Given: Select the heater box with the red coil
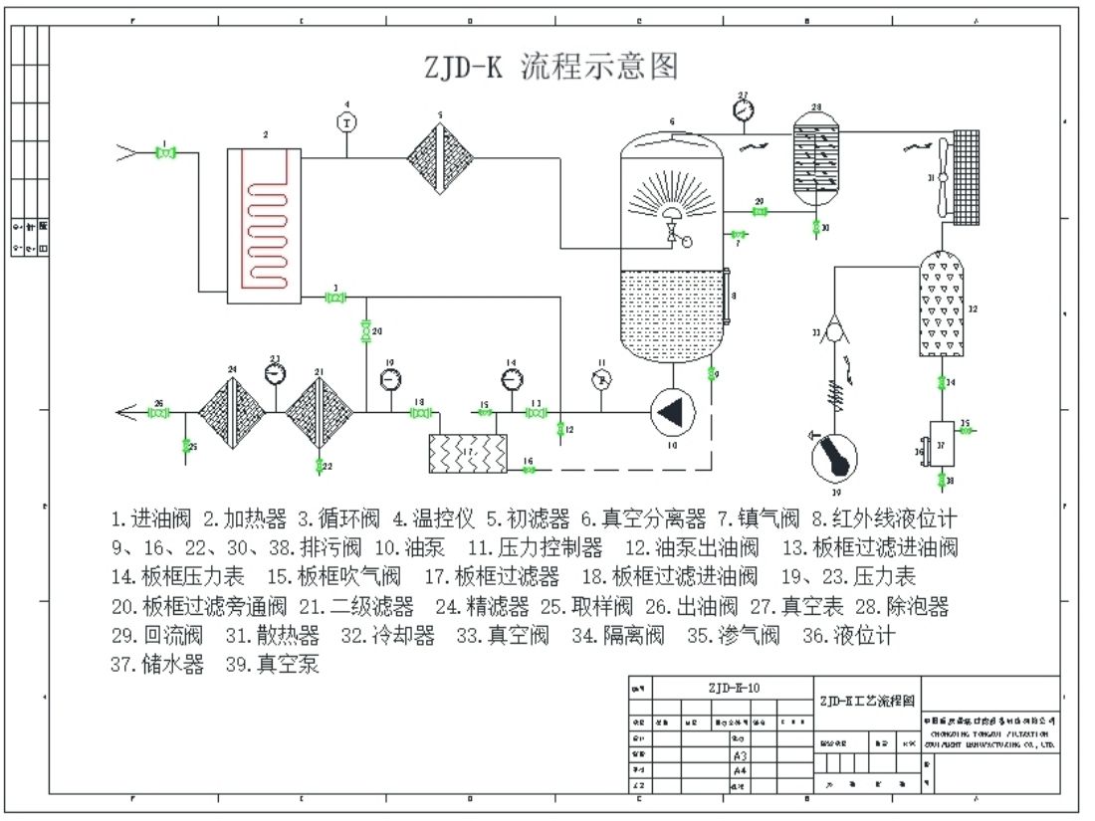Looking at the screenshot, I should click(x=264, y=225).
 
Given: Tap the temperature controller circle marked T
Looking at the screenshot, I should click(x=347, y=121).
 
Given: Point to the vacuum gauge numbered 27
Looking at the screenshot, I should click(x=743, y=111).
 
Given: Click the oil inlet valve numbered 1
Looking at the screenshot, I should click(x=166, y=152).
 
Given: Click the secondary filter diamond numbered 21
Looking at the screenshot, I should click(x=320, y=412).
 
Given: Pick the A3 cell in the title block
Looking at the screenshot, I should click(x=739, y=756).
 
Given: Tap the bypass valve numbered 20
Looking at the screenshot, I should click(x=364, y=329).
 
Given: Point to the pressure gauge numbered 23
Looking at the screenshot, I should click(x=275, y=373).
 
